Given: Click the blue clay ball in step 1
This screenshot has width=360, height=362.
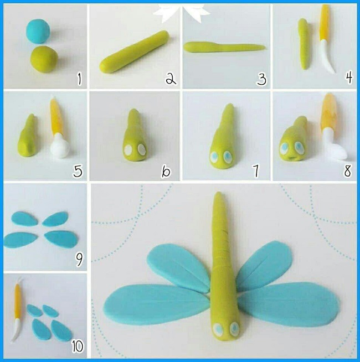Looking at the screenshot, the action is click(x=38, y=31).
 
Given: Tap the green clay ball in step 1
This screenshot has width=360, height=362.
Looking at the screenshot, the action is click(x=44, y=59).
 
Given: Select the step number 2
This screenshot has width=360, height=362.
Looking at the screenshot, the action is click(x=171, y=79).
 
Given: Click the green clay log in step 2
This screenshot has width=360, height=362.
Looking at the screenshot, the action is click(x=134, y=52).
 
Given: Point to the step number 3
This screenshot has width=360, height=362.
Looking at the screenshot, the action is click(x=261, y=79).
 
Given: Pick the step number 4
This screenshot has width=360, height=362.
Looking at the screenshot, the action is click(x=349, y=77).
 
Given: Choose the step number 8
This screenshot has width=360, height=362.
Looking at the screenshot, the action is click(x=348, y=171).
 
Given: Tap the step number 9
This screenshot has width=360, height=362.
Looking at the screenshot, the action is click(x=79, y=260).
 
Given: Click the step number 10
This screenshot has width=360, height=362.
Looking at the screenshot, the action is click(x=78, y=347).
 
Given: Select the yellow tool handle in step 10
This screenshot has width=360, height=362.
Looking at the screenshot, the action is click(x=18, y=302).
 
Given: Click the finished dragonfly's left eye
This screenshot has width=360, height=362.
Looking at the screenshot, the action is click(x=218, y=329).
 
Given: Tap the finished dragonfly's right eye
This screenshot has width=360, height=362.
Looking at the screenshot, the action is click(x=234, y=328).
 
